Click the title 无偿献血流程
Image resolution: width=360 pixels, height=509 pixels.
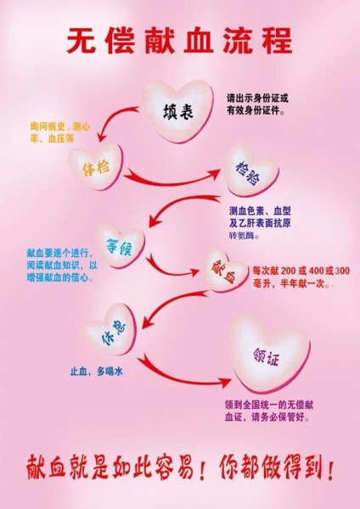point(180,41)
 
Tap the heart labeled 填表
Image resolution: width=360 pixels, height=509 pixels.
point(178,110)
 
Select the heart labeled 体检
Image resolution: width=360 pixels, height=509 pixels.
point(96,166)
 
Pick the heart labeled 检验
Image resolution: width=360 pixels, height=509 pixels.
point(250,171)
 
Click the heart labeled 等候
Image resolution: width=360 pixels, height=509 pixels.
point(121,246)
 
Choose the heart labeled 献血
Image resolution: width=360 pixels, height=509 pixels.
point(226,270)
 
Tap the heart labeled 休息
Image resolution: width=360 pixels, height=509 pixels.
point(110,330)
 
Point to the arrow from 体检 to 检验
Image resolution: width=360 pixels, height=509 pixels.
point(171,182)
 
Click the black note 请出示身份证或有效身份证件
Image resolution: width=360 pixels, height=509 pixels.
point(257,104)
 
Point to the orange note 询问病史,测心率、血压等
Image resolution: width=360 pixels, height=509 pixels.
point(59,133)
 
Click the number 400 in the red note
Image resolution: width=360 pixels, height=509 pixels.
point(317,271)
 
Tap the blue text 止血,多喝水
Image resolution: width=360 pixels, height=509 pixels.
point(96,372)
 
